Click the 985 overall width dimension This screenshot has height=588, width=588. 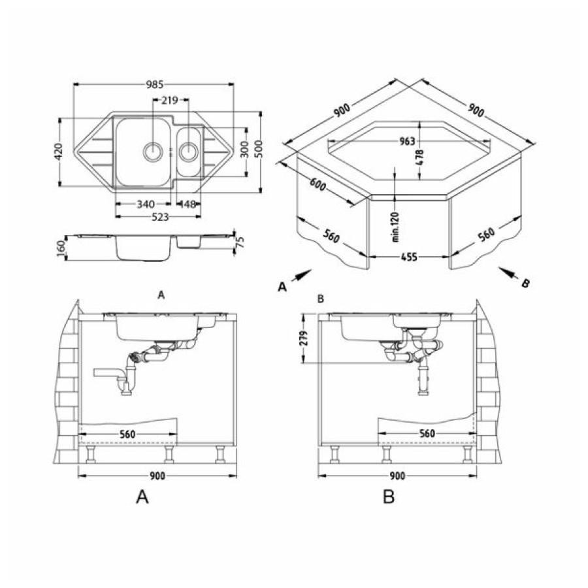[154, 85]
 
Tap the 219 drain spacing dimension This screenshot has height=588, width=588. [170, 101]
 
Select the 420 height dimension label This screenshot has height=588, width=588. [59, 151]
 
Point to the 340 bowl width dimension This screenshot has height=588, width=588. [146, 204]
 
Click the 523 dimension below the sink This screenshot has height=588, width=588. [160, 217]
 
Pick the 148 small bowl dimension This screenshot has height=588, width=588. [188, 204]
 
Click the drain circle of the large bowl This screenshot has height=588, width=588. [153, 152]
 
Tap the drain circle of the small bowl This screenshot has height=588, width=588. [188, 152]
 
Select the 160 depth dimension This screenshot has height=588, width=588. [61, 248]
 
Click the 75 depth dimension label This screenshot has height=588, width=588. [240, 242]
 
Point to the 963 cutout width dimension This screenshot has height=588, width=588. [407, 141]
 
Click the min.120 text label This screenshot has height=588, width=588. [395, 227]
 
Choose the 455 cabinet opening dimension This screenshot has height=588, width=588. [409, 257]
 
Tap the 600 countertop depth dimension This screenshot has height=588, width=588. [318, 184]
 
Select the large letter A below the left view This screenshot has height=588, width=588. [142, 497]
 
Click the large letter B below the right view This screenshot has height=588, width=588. [389, 497]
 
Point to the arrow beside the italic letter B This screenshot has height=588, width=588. [509, 272]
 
